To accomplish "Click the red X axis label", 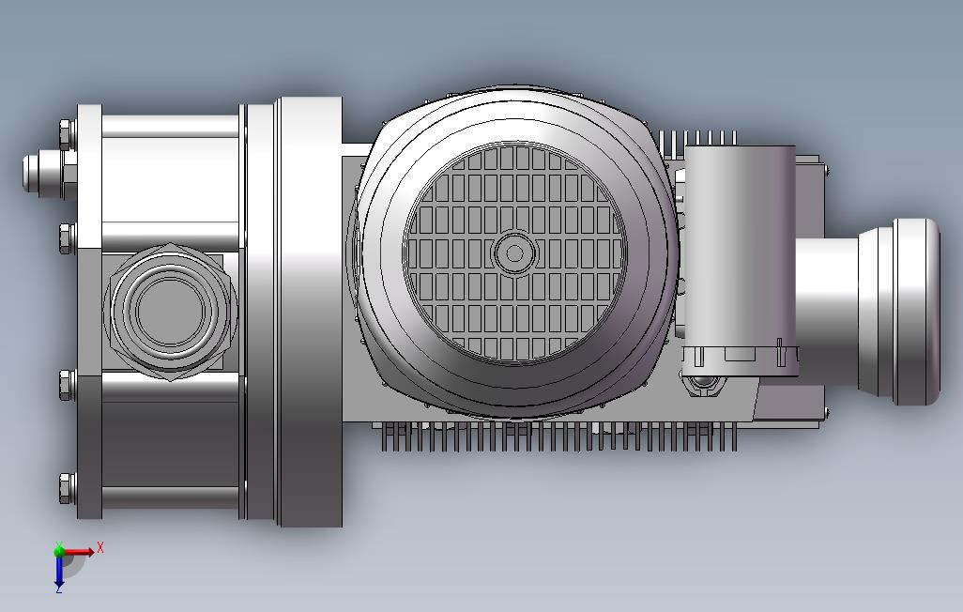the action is point(100,547).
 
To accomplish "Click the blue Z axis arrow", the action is point(59,570).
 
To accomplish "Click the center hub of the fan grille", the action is point(514,253).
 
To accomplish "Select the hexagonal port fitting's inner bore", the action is point(170,311).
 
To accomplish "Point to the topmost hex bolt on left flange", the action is point(68,134).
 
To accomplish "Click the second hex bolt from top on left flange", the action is point(68,238).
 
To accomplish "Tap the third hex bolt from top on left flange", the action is point(68,385).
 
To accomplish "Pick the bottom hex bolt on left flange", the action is point(68,488).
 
